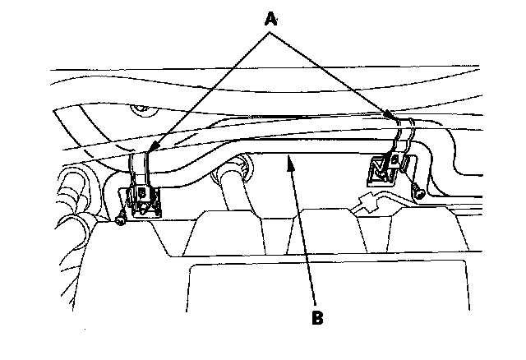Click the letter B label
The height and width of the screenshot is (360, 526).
click(x=316, y=317)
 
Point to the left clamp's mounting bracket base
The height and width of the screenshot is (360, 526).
click(x=145, y=199)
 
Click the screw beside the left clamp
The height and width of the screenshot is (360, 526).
click(x=121, y=219)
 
